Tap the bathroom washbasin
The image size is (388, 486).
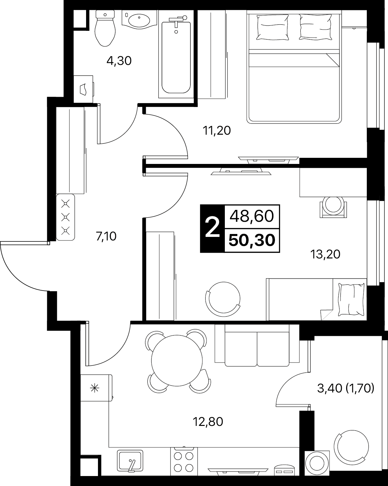[139, 20]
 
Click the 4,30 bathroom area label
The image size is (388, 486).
[119, 61]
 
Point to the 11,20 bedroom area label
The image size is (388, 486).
[217, 131]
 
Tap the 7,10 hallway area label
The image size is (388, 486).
[106, 237]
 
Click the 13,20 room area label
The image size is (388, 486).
[325, 255]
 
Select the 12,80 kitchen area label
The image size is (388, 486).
[208, 422]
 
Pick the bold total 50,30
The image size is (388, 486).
[252, 240]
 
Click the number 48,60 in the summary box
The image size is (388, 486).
[252, 216]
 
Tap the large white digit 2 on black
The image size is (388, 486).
[212, 228]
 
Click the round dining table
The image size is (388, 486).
[177, 361]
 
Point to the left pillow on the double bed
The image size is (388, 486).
[273, 27]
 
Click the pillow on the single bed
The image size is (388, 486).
[352, 300]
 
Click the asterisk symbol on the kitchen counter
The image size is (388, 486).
[94, 388]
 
